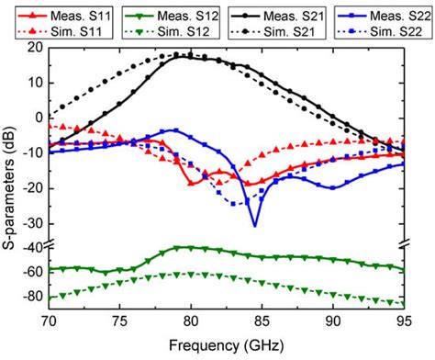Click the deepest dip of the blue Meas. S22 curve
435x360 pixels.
tap(254, 225)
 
